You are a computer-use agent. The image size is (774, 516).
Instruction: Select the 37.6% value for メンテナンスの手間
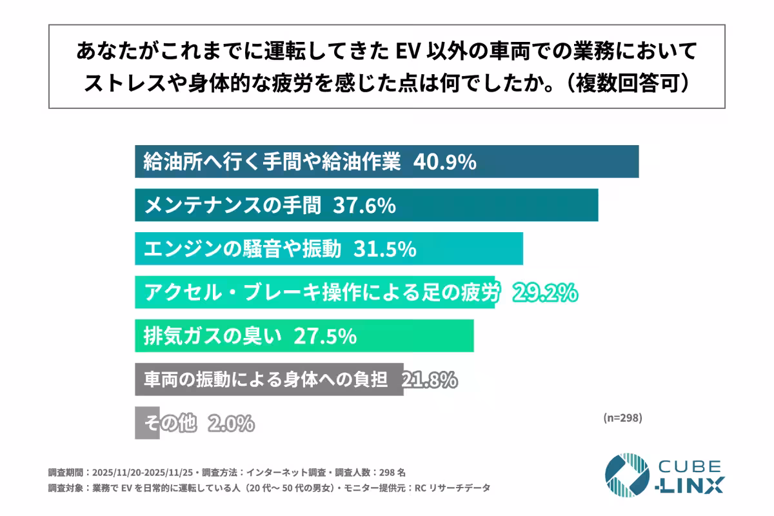click(364, 206)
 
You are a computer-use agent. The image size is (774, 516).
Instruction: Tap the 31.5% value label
click(384, 249)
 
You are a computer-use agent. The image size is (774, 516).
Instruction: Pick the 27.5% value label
click(325, 336)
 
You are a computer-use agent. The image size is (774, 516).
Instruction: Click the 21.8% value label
click(430, 380)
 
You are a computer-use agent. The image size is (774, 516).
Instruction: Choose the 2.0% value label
click(232, 424)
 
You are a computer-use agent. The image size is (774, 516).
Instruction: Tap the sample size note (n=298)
click(622, 417)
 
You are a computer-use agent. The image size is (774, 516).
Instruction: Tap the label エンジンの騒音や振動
click(243, 249)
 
